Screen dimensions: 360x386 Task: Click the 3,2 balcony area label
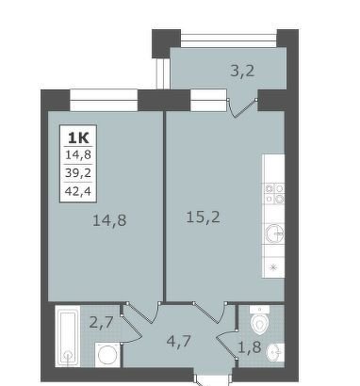[242, 72]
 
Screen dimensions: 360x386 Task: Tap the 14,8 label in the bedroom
[109, 220]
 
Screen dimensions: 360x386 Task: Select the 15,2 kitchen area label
[203, 217]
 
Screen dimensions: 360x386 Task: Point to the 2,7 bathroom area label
[101, 322]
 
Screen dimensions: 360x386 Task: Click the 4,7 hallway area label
[179, 341]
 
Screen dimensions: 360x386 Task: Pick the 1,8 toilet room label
[250, 347]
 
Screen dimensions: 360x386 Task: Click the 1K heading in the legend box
[78, 137]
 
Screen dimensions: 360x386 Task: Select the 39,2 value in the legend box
[78, 172]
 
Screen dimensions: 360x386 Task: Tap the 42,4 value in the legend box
[78, 191]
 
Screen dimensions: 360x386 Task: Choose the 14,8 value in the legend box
[78, 154]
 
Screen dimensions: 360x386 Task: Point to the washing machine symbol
[107, 355]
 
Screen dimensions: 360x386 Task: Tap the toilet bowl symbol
[260, 320]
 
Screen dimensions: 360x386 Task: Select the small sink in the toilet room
[275, 352]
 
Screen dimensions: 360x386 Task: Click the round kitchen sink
[274, 234]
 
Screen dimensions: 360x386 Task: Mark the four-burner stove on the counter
[274, 194]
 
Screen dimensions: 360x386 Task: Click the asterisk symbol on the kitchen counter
[273, 267]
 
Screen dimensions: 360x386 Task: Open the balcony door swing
[241, 108]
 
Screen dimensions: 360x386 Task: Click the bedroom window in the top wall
[104, 100]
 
